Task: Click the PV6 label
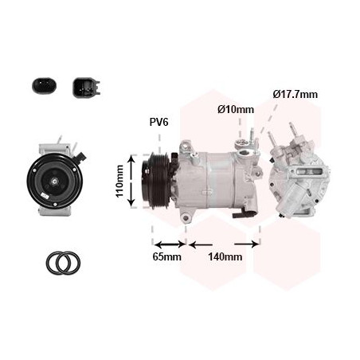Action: (x=159, y=122)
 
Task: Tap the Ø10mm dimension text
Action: (x=235, y=109)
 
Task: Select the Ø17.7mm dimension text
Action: (x=295, y=94)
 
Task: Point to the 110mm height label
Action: (x=119, y=182)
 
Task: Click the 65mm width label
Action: (x=167, y=256)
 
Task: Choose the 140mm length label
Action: (x=225, y=256)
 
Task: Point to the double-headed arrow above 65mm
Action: (x=169, y=244)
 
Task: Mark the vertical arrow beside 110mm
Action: (x=131, y=182)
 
